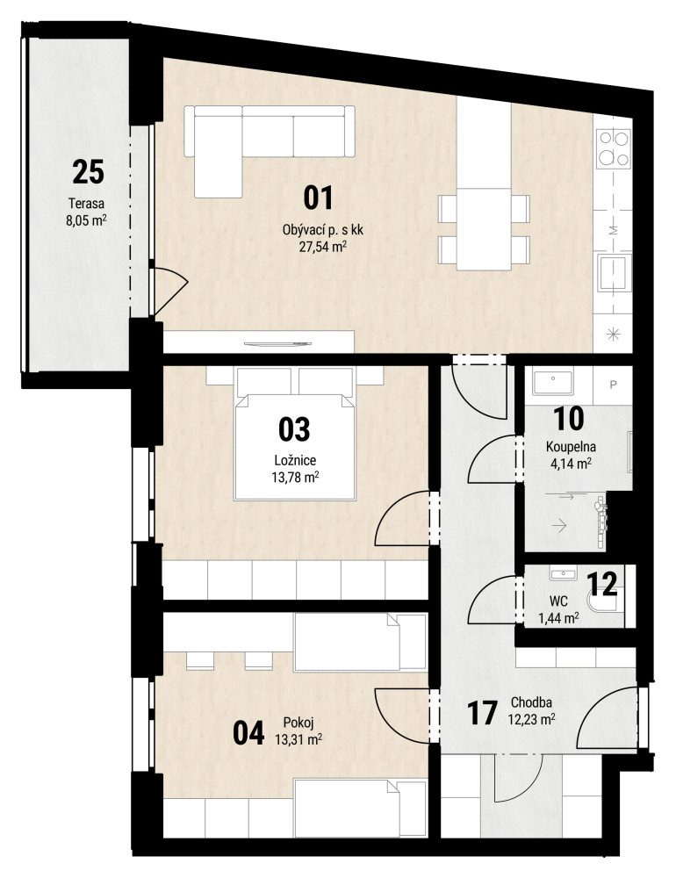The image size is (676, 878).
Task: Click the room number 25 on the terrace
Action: [x=88, y=172]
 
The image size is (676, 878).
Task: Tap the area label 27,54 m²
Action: [x=322, y=246]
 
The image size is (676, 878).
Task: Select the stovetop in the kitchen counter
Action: [x=614, y=148]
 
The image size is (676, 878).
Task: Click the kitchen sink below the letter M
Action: [x=614, y=273]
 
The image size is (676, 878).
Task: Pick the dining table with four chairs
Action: [x=484, y=228]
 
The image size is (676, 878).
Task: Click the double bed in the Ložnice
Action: [x=295, y=434]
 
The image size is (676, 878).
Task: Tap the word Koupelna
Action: [x=571, y=447]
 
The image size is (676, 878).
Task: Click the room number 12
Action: [x=601, y=584]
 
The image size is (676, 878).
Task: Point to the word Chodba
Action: [x=531, y=702]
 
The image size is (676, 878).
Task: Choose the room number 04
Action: [x=248, y=733]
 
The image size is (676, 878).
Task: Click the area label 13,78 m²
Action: [x=295, y=477]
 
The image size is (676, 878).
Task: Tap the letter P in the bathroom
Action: [x=614, y=385]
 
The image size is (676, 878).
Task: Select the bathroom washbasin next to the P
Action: [x=553, y=383]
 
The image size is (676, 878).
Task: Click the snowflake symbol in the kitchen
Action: [x=615, y=335]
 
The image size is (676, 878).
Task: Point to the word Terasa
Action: [x=86, y=204]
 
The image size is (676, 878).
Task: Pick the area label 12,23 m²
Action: [x=531, y=718]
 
